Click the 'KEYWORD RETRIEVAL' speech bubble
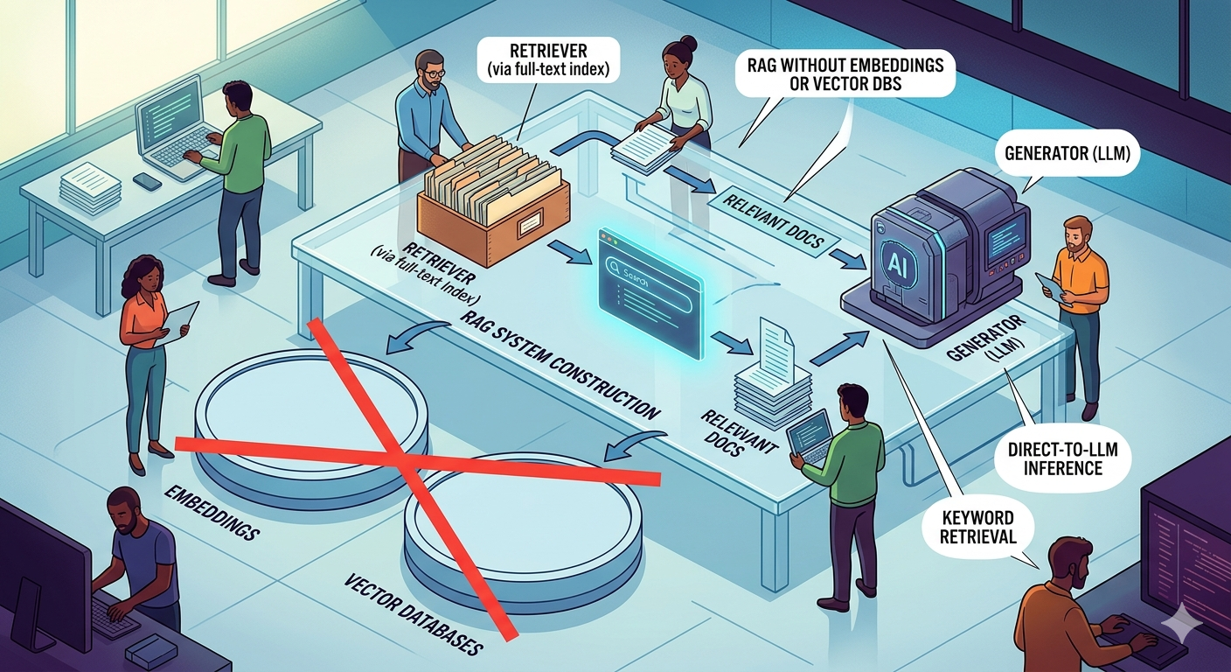click(977, 525)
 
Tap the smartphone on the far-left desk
click(147, 181)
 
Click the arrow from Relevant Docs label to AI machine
click(845, 257)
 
